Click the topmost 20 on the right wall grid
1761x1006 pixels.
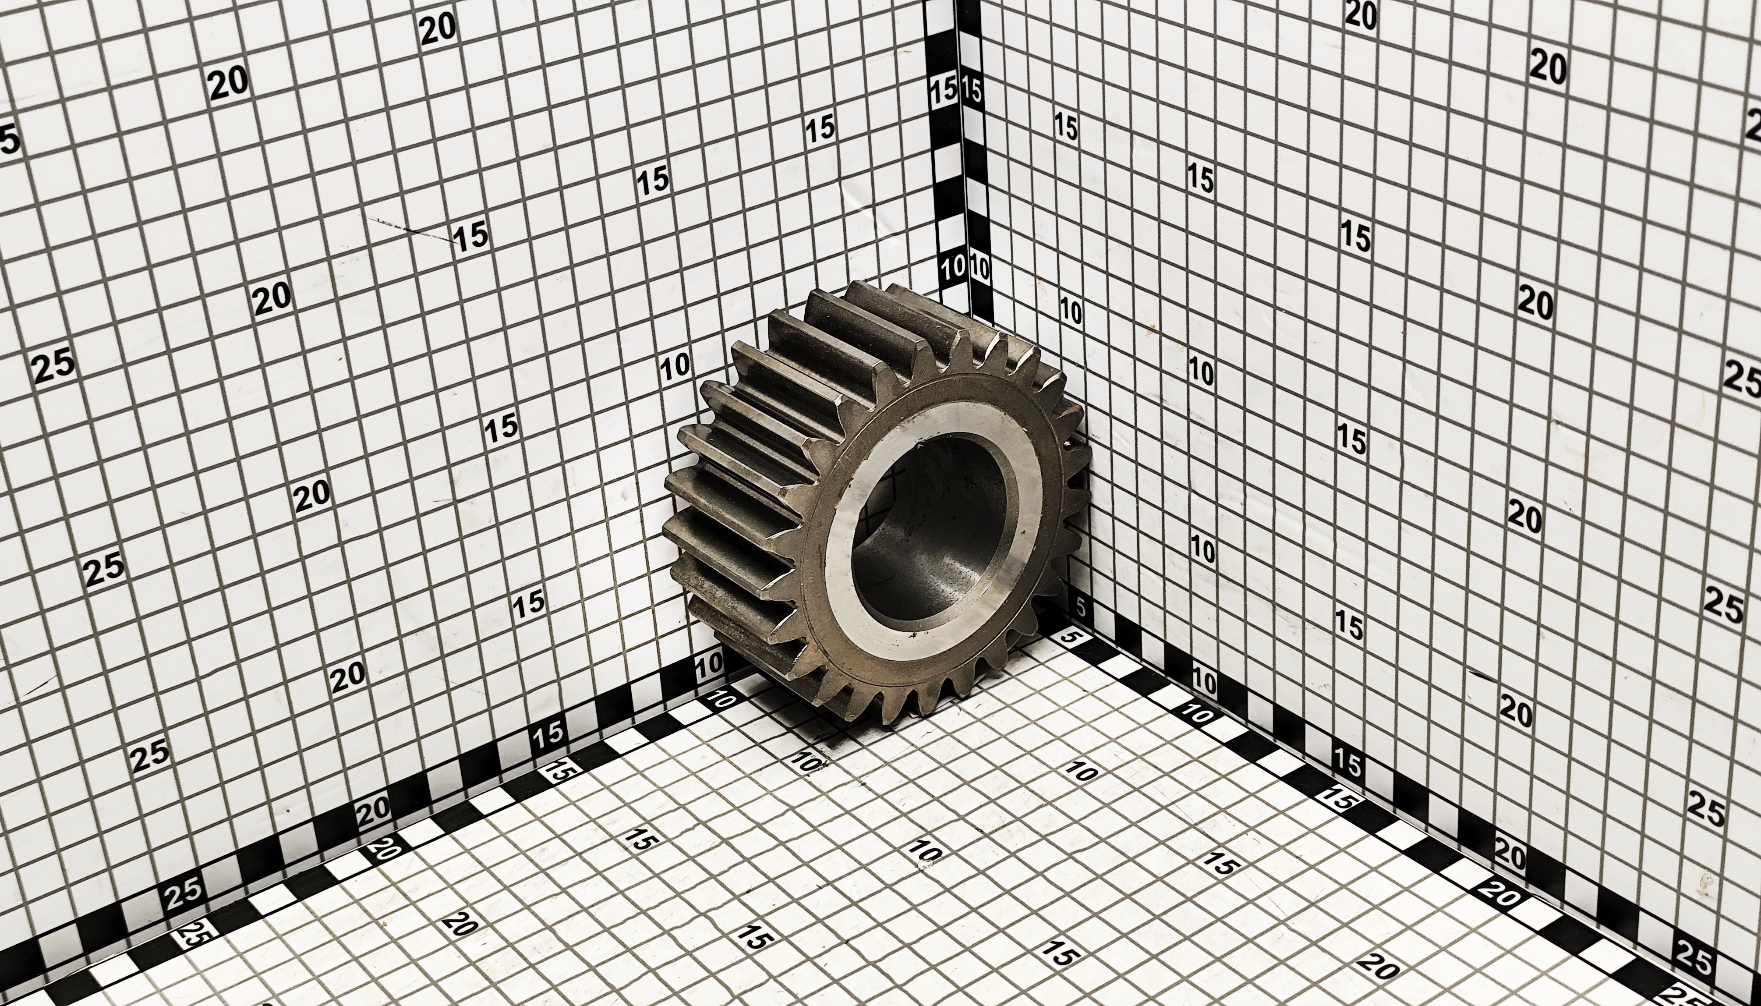coord(1361,15)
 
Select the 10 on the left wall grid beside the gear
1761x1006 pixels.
coord(675,366)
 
